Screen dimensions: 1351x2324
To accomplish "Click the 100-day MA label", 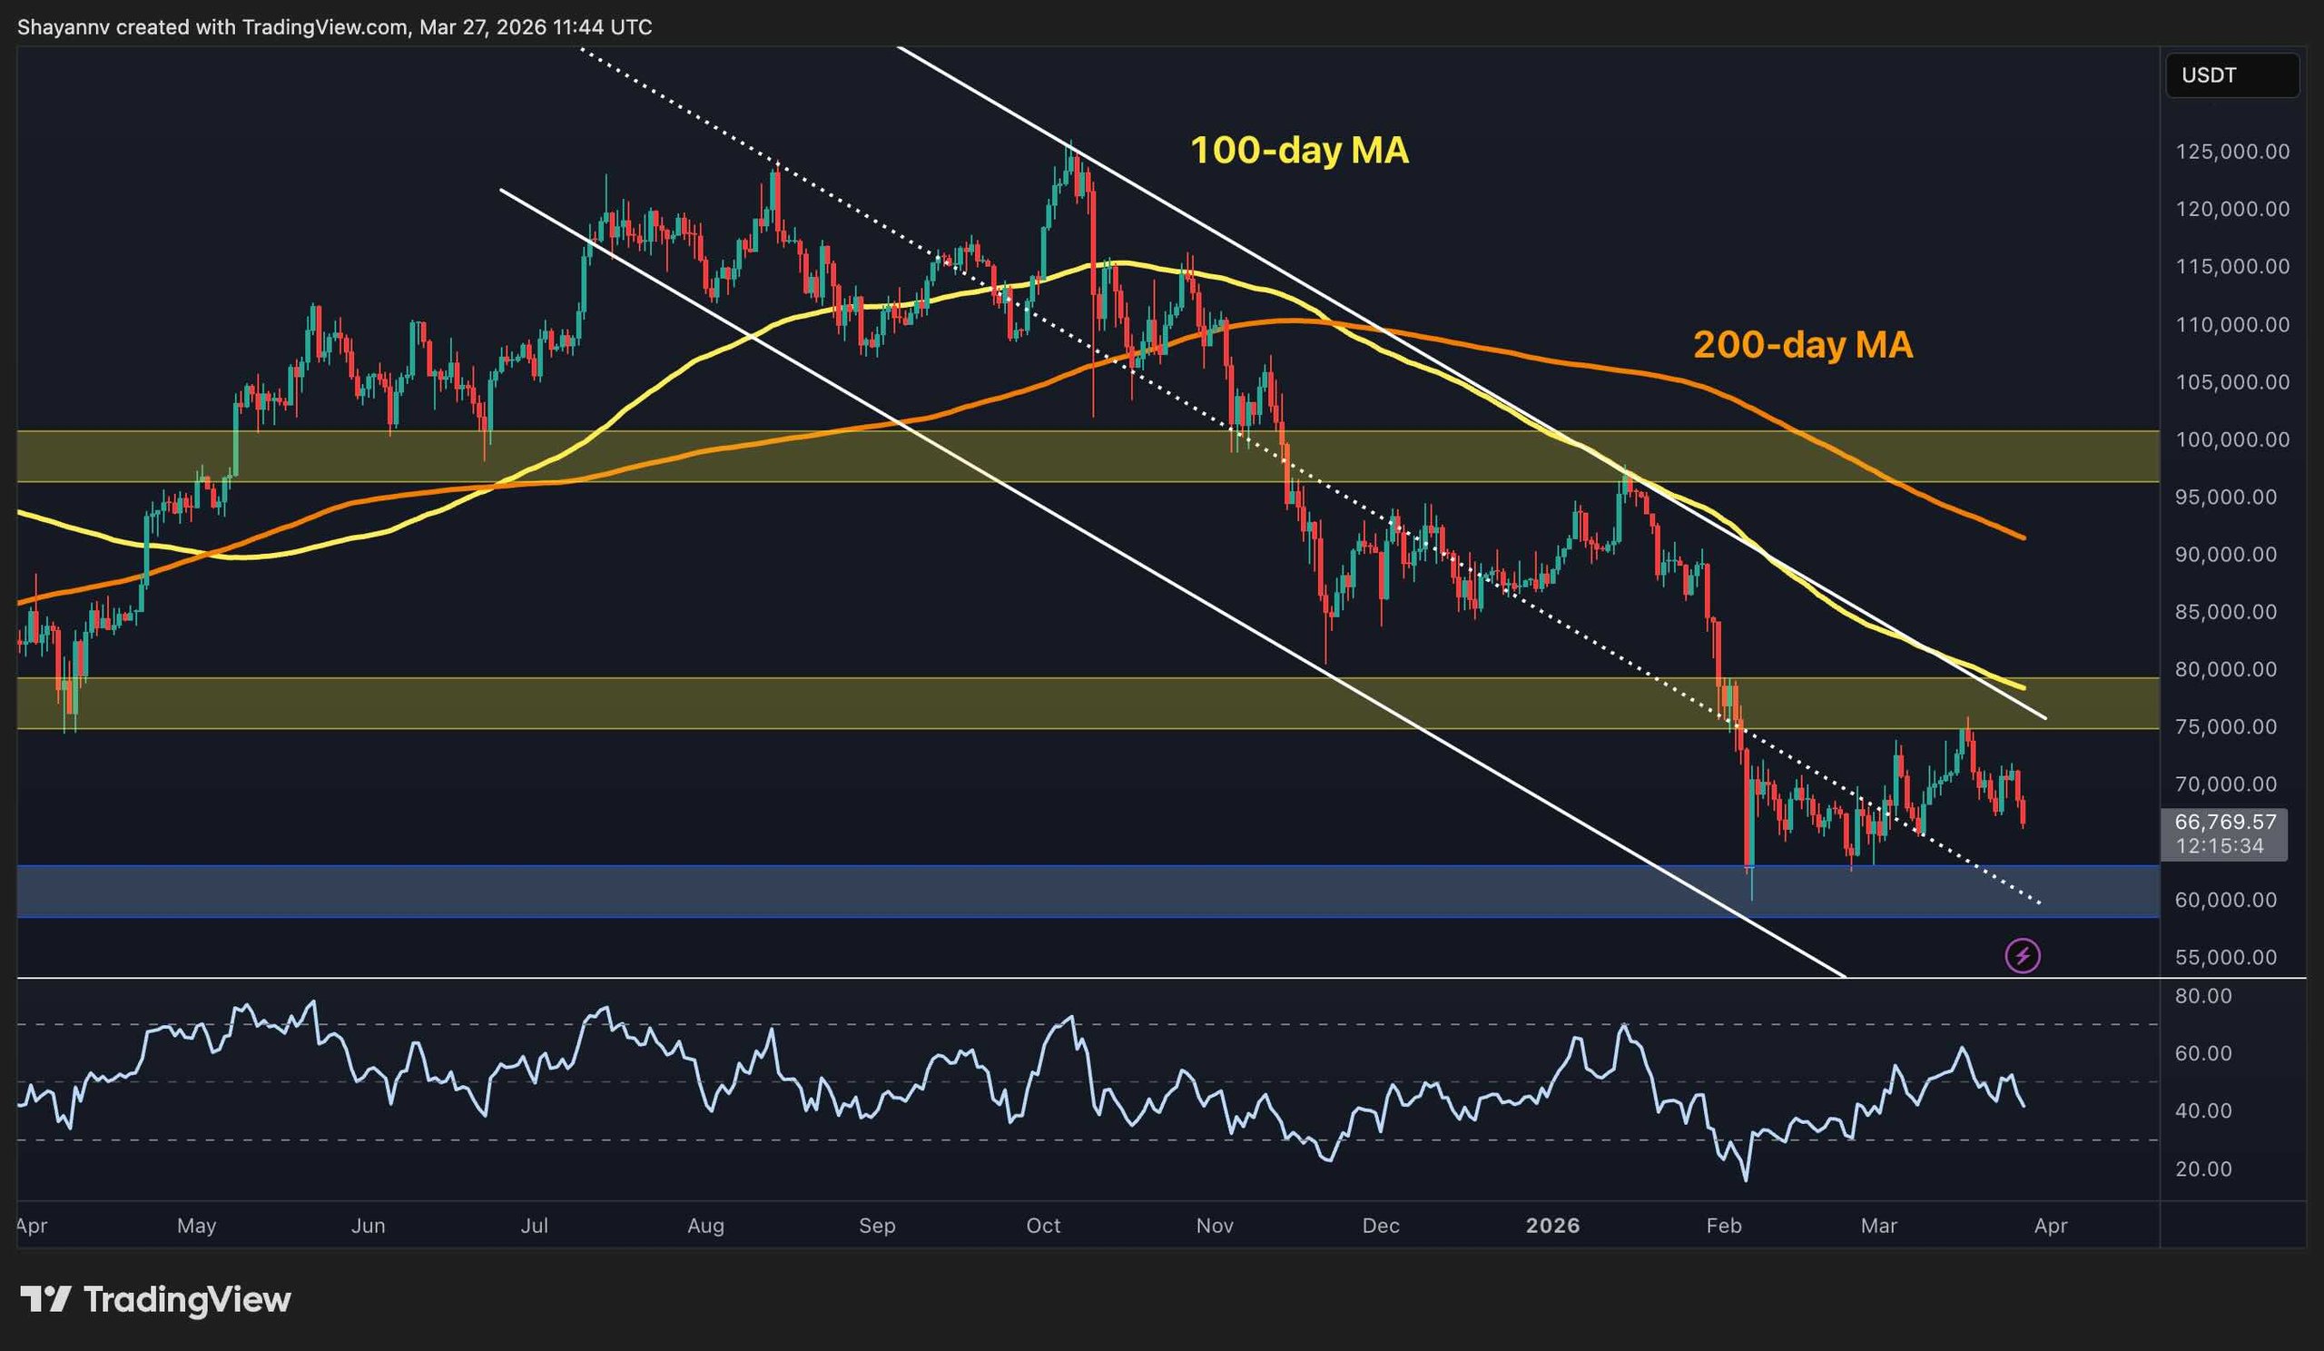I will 1298,151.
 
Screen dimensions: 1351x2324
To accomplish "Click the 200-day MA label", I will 1802,345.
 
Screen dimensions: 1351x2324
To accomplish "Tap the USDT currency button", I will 2230,75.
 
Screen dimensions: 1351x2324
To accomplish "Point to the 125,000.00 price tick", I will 2231,153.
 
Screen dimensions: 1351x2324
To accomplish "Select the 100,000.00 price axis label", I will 2231,439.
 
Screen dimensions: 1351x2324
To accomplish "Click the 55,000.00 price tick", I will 2231,957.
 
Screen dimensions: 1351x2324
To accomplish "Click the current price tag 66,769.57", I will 2224,822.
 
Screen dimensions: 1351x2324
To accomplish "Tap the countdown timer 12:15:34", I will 2219,845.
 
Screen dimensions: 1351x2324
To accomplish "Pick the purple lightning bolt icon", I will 2023,955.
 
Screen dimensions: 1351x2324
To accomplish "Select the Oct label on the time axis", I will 1043,1226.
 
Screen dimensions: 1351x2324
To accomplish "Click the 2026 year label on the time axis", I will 1552,1226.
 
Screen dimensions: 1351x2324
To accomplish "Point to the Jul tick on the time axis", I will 534,1226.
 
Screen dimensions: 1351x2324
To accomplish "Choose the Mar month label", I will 1878,1226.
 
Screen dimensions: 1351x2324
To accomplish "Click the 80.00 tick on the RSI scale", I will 2203,996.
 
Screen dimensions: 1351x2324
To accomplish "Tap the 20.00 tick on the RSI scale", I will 2203,1169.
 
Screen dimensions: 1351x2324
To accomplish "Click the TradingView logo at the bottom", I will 155,1299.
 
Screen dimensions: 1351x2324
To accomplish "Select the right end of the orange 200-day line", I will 2024,537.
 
